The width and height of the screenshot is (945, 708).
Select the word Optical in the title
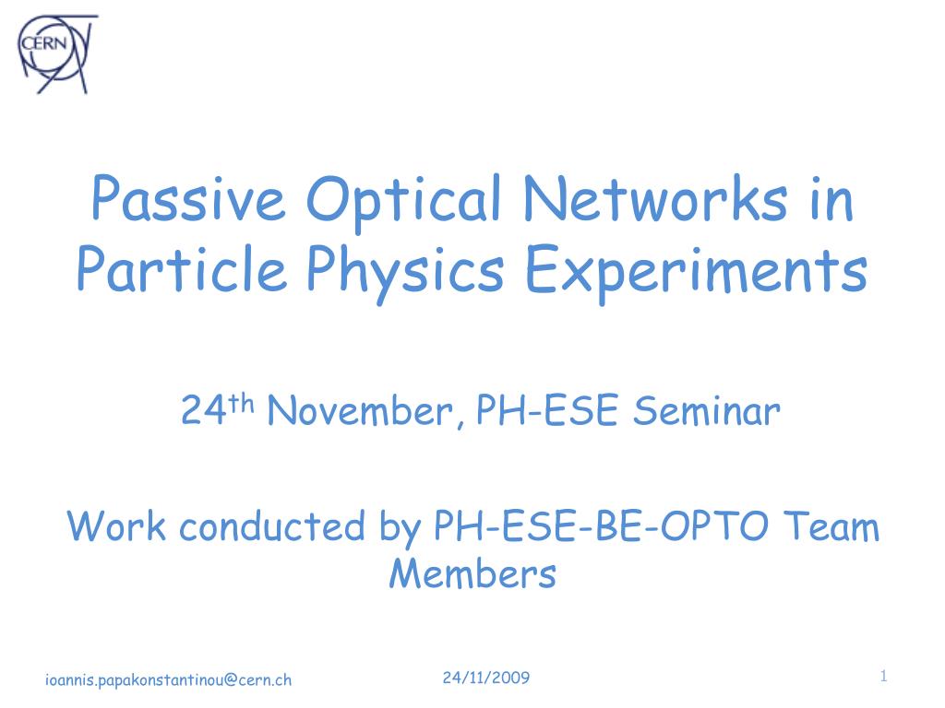click(404, 202)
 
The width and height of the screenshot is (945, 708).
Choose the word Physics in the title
click(405, 273)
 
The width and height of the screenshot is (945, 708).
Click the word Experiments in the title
click(697, 273)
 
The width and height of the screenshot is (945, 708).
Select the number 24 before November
click(203, 410)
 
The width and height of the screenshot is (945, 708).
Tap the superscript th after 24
click(240, 402)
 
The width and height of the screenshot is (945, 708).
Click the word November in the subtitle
click(360, 411)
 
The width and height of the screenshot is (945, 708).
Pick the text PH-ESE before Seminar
click(547, 410)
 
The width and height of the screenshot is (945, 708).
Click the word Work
click(116, 525)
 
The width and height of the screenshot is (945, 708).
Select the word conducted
click(272, 525)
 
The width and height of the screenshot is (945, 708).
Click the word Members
click(472, 572)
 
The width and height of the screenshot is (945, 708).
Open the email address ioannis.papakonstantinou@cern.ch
click(168, 680)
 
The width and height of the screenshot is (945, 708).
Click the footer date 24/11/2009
click(486, 678)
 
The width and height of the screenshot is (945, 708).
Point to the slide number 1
click(883, 676)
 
